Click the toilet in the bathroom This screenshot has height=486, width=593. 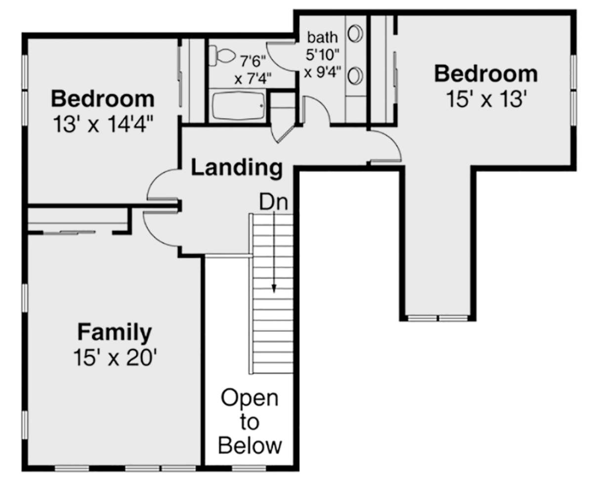pyautogui.click(x=221, y=56)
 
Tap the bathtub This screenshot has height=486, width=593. pyautogui.click(x=239, y=106)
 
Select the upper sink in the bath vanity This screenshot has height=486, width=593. pyautogui.click(x=355, y=34)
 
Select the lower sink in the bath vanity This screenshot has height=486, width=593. pyautogui.click(x=355, y=76)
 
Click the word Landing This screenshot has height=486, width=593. pyautogui.click(x=237, y=168)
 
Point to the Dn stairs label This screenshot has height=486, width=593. pyautogui.click(x=273, y=202)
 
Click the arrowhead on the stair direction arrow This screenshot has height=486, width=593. pyautogui.click(x=274, y=288)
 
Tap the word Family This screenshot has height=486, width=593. pyautogui.click(x=115, y=332)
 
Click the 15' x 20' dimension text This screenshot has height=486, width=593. pyautogui.click(x=115, y=358)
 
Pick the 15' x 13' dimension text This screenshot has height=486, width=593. pyautogui.click(x=486, y=99)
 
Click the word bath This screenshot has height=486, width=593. pyautogui.click(x=322, y=38)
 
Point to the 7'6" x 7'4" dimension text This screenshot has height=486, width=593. pyautogui.click(x=253, y=70)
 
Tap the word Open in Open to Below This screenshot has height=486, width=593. pyautogui.click(x=250, y=398)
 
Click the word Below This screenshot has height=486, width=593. pyautogui.click(x=250, y=445)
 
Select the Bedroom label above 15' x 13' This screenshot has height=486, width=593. pyautogui.click(x=486, y=74)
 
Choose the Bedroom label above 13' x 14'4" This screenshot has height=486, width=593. pyautogui.click(x=103, y=99)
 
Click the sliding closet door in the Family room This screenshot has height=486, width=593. pyautogui.click(x=78, y=233)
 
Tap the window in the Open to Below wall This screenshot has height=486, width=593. pyautogui.click(x=249, y=469)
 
